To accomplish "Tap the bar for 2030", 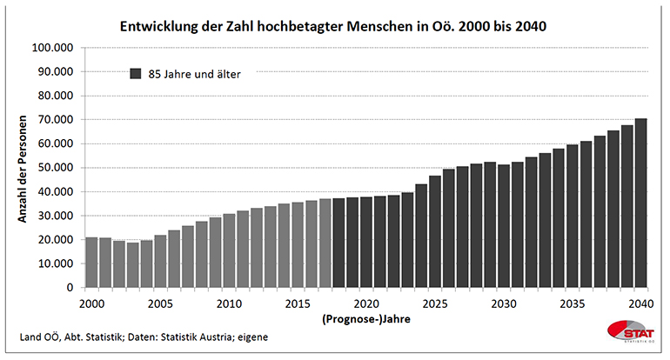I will pos(504,226).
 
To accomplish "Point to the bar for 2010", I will pos(229,250).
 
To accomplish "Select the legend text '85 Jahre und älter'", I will pos(194,74).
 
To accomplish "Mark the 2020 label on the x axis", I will pos(366,303).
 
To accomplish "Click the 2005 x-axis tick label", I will pos(160,303).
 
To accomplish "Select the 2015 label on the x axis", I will pos(298,303).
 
